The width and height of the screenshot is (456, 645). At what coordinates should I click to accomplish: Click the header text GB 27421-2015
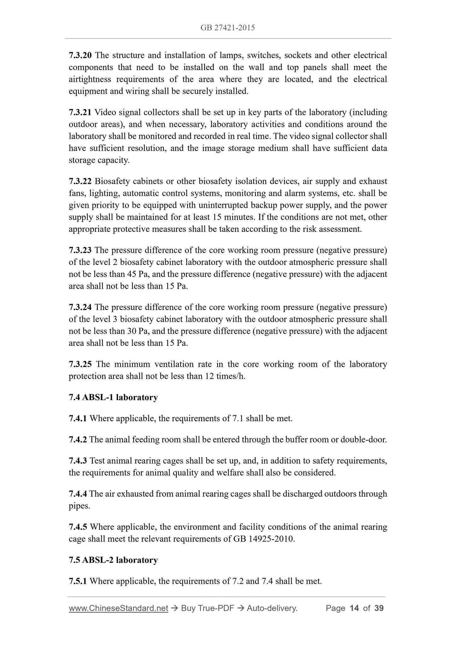click(228, 28)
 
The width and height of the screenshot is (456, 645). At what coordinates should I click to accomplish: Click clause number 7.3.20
click(80, 55)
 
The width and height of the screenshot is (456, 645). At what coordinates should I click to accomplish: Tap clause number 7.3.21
click(80, 112)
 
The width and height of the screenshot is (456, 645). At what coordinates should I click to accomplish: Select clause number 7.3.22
click(80, 181)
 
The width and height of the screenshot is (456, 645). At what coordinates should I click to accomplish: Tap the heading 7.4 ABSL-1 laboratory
click(113, 397)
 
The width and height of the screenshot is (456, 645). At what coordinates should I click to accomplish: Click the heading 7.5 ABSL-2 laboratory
click(113, 560)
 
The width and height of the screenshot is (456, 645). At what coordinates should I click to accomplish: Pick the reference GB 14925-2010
click(264, 539)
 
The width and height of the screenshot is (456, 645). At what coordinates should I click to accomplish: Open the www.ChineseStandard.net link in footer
click(118, 608)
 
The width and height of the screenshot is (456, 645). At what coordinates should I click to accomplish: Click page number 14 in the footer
click(354, 608)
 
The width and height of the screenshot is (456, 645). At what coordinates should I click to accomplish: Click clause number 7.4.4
click(78, 494)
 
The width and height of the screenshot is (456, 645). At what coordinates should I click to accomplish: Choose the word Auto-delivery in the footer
click(272, 608)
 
